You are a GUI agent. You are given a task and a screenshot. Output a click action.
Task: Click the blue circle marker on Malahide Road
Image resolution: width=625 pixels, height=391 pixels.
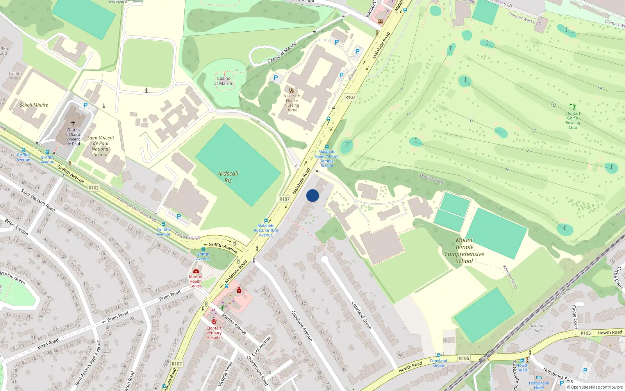312,195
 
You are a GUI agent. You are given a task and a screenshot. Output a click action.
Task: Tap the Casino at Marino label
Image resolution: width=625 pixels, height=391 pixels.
224,81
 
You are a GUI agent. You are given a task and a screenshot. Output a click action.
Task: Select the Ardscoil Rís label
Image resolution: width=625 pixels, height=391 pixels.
228,177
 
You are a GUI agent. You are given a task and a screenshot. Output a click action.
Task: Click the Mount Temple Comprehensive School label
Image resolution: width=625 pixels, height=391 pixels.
464,251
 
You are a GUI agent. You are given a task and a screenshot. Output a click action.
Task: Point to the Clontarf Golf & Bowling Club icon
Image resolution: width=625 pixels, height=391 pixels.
573,107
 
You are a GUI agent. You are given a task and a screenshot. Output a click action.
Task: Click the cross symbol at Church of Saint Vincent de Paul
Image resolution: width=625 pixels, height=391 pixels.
73,124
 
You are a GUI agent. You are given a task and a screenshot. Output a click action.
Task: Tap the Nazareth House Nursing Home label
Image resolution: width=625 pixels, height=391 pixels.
292,103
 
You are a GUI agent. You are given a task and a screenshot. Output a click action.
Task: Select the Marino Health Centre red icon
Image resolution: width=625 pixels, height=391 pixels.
196,271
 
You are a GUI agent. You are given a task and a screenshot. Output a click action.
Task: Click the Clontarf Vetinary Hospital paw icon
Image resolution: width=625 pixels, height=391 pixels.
214,322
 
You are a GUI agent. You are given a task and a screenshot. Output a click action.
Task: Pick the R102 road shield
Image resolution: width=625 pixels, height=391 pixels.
93,188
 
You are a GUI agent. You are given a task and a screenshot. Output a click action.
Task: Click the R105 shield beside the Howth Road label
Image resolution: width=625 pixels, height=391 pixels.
585,333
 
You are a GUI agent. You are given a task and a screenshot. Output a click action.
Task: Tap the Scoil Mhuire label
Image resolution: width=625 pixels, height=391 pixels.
34,105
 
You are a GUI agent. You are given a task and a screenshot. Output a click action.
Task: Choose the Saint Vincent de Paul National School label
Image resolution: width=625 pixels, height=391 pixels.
100,146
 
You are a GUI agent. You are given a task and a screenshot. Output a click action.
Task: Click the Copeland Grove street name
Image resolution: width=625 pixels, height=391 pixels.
361,315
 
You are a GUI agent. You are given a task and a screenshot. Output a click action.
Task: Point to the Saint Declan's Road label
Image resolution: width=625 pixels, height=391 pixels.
38,200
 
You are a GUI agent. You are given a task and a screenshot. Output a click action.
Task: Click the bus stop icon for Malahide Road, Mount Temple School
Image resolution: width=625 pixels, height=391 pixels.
327,147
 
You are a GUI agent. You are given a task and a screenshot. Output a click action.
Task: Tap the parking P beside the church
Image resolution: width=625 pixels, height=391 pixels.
86,105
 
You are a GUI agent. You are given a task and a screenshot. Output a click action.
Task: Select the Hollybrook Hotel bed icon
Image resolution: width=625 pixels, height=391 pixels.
539,378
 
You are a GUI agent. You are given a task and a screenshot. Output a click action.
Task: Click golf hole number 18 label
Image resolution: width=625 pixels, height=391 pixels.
600,88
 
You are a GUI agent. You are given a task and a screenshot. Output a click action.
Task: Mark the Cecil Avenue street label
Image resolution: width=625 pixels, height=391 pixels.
261,346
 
